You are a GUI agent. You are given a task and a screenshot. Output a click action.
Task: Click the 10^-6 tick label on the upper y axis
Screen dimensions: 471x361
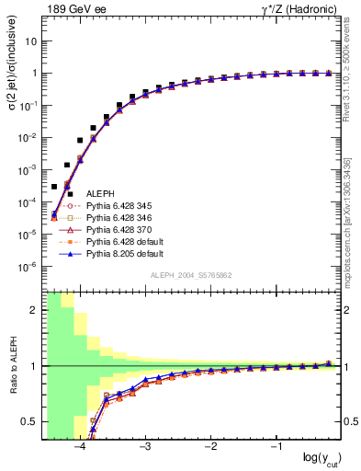click(x=28, y=267)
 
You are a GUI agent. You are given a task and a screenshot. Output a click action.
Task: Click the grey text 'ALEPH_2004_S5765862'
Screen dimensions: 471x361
click(x=190, y=276)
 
